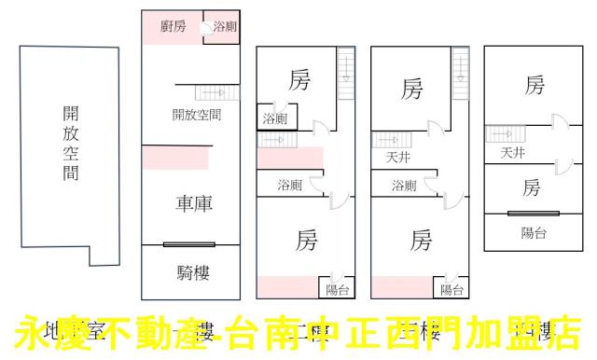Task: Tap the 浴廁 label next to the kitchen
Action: pyautogui.click(x=225, y=27)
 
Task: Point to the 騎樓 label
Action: pyautogui.click(x=192, y=272)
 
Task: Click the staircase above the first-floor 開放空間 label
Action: pyautogui.click(x=211, y=92)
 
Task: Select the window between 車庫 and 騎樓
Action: pyautogui.click(x=190, y=244)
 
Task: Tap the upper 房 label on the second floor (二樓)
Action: pyautogui.click(x=298, y=81)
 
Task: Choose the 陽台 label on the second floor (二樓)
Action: pyautogui.click(x=337, y=290)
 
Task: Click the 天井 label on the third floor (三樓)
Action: pyautogui.click(x=398, y=159)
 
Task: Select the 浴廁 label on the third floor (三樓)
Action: pyautogui.click(x=404, y=186)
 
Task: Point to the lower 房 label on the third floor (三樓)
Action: pyautogui.click(x=421, y=242)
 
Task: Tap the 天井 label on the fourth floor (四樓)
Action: pyautogui.click(x=512, y=152)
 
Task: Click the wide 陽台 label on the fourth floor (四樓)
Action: pyautogui.click(x=534, y=232)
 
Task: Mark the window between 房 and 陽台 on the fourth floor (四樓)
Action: pyautogui.click(x=533, y=213)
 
